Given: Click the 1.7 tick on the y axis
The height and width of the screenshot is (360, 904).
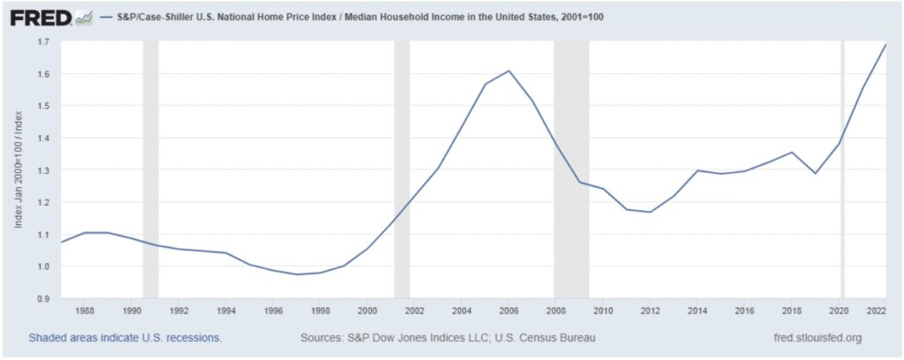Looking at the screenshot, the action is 43,42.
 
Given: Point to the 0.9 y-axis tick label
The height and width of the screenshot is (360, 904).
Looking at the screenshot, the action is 43,299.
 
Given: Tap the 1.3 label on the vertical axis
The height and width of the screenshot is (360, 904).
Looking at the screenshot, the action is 43,170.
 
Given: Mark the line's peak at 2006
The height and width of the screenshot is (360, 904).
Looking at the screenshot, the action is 508,71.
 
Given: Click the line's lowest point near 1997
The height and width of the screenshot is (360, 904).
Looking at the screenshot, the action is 297,274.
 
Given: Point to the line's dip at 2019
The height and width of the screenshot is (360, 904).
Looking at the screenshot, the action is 815,173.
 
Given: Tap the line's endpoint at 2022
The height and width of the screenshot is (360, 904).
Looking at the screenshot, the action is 885,45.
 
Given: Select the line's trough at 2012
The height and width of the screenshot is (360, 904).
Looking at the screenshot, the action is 651,212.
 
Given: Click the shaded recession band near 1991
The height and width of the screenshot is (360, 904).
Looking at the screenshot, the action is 150,170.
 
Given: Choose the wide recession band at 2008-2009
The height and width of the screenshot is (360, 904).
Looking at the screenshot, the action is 571,170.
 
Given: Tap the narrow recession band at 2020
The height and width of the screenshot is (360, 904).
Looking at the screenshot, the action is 842,170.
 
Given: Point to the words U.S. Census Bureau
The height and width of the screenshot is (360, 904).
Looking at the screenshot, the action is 545,338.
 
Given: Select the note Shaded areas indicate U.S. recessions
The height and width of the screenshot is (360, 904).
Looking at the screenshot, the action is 124,338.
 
